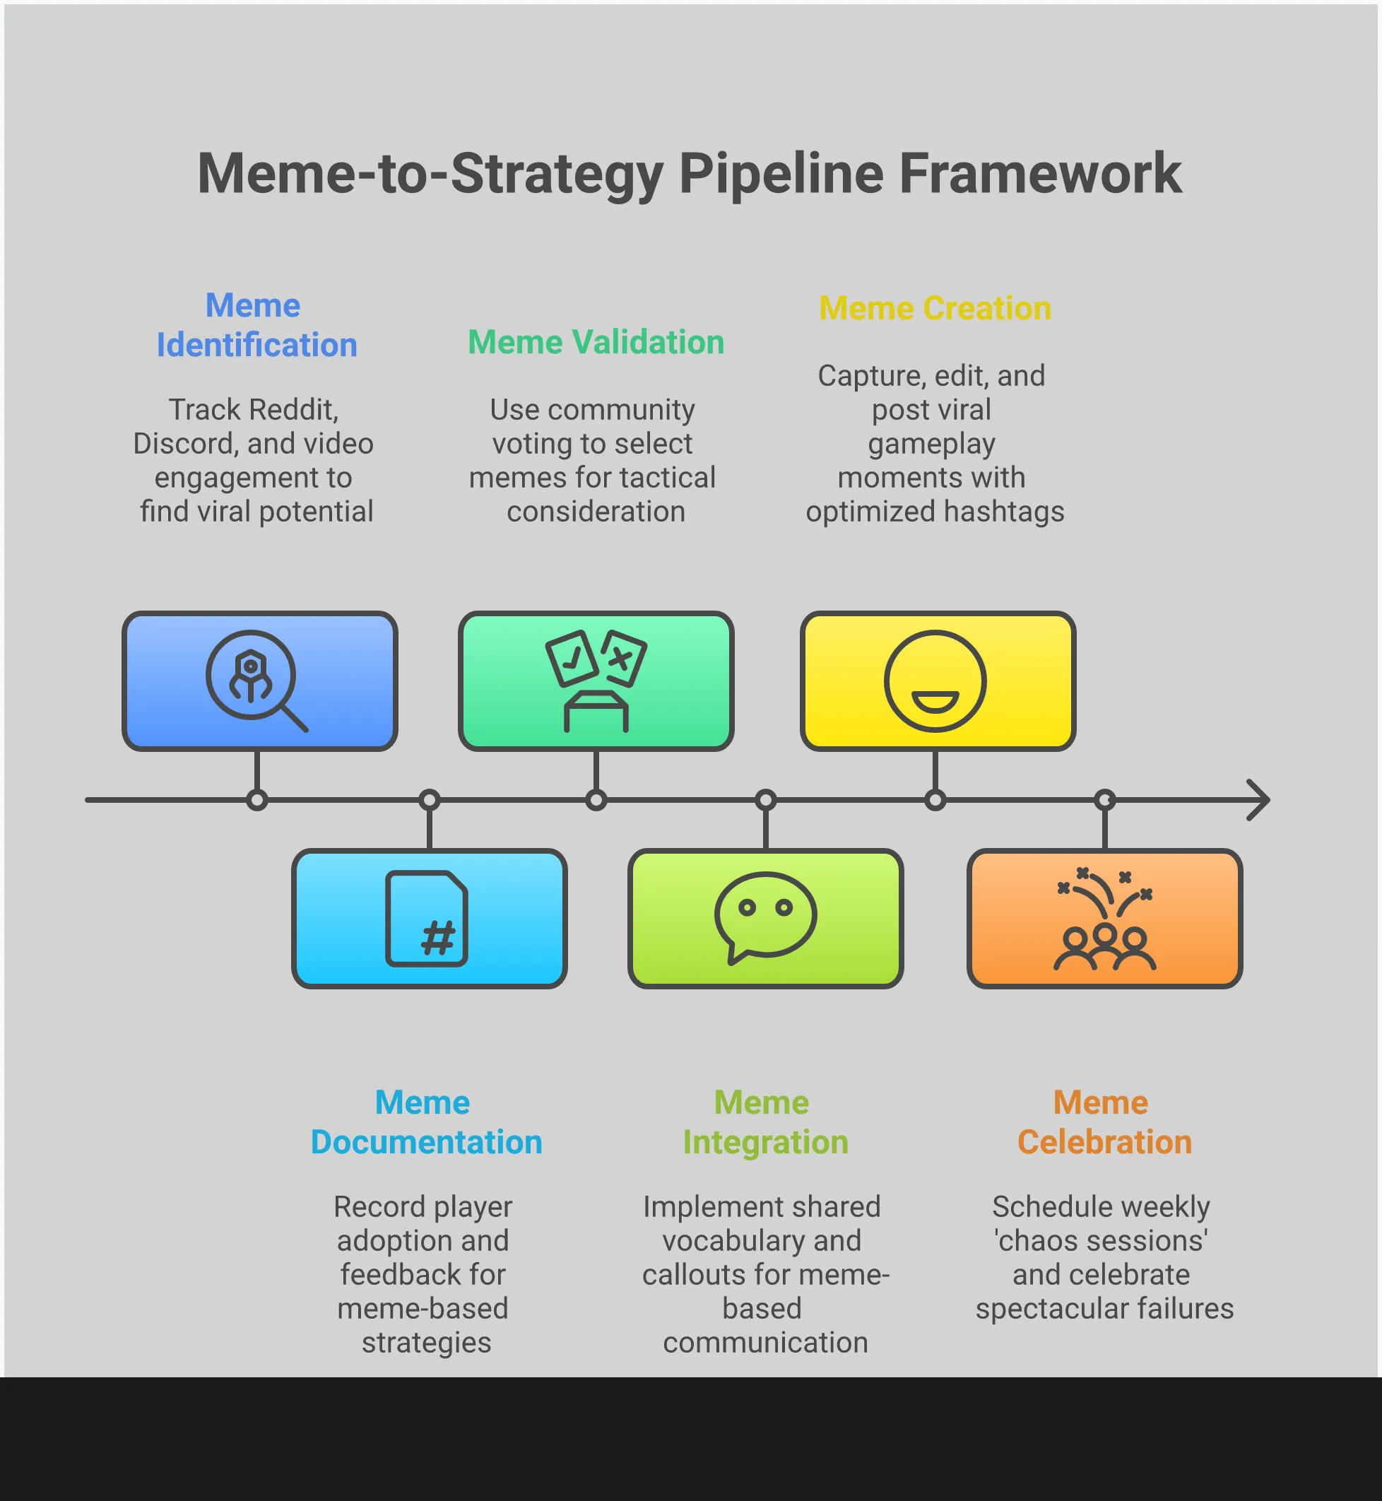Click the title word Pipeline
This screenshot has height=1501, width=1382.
[x=781, y=175]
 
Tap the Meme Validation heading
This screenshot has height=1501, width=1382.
[x=596, y=342]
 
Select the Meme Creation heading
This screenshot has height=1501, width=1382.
[x=935, y=308]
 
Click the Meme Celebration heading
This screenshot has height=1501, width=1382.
[x=1104, y=1122]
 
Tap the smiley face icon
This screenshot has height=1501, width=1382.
[x=935, y=681]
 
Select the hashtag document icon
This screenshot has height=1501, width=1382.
[x=427, y=919]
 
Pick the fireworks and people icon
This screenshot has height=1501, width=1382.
[x=1104, y=919]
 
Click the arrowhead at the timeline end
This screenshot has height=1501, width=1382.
[x=1258, y=800]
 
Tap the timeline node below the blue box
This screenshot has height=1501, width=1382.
[x=256, y=800]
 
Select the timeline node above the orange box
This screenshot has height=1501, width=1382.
[x=1104, y=800]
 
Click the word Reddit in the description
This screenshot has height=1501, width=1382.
[x=291, y=410]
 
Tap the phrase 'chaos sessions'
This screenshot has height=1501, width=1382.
[x=1101, y=1241]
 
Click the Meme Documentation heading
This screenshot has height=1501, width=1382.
[x=426, y=1122]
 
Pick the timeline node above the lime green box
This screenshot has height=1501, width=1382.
[x=766, y=800]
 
